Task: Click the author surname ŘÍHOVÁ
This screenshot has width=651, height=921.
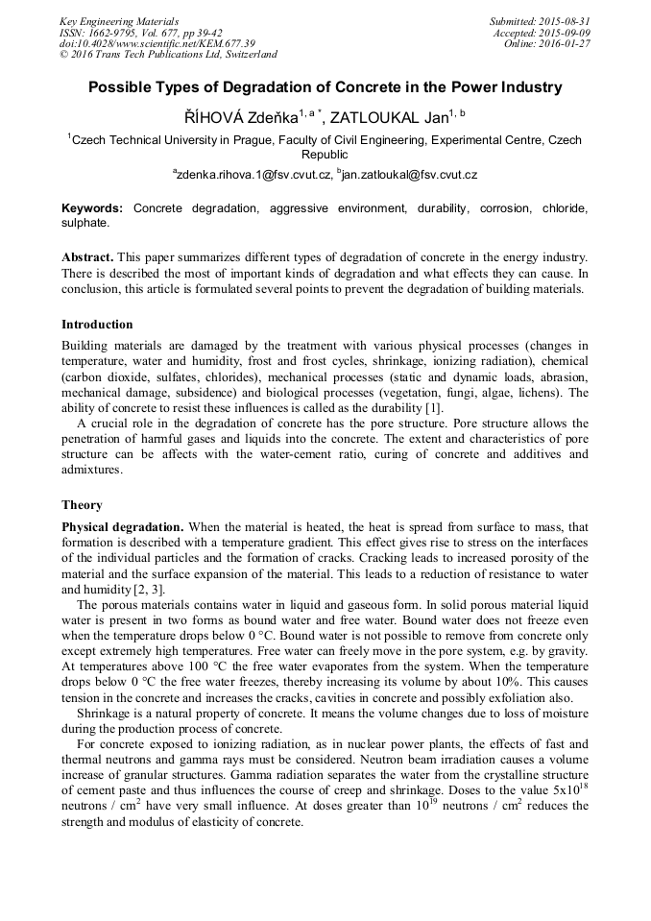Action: [216, 117]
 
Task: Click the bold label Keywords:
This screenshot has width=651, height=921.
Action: [92, 207]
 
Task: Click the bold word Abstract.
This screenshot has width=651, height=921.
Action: [87, 258]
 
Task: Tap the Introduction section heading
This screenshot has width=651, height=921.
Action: [97, 325]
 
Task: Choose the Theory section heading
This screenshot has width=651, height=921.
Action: [82, 505]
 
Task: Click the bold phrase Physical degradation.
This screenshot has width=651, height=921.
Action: [122, 527]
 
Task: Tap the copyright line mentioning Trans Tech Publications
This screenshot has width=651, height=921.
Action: [168, 55]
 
